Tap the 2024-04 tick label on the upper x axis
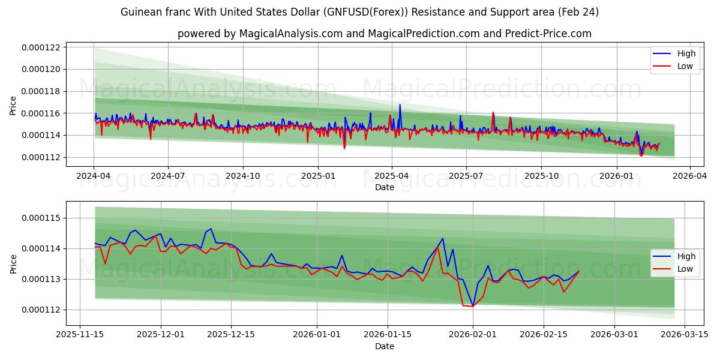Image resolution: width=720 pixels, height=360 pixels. (93, 176)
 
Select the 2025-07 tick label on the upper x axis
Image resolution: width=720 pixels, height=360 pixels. (466, 176)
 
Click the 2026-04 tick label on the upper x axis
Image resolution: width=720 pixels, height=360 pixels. (690, 176)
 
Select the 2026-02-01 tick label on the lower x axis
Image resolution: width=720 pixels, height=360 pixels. (473, 335)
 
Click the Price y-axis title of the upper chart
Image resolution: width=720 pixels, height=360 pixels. (13, 106)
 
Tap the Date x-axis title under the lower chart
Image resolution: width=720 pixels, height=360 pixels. (385, 346)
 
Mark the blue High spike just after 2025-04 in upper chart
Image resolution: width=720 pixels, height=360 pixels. (400, 105)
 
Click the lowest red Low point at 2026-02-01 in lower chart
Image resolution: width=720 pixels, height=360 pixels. (472, 307)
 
